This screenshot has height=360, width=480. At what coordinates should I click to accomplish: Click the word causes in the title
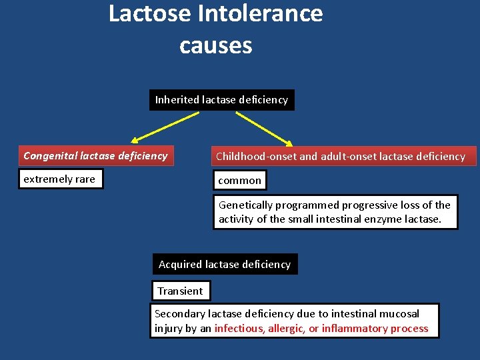coord(215,45)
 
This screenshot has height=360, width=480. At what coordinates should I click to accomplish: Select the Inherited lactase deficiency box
coord(221,100)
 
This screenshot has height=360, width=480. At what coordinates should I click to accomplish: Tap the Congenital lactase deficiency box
coord(95,156)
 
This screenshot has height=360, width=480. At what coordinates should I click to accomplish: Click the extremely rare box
coord(60,179)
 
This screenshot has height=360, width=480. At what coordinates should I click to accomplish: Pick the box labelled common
coord(239,180)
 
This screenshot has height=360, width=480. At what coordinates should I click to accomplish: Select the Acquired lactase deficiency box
coord(225,265)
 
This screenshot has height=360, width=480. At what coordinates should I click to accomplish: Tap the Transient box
coord(180,291)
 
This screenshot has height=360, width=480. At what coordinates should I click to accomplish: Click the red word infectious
coord(239,329)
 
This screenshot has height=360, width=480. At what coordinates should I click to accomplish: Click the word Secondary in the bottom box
coord(180,314)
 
